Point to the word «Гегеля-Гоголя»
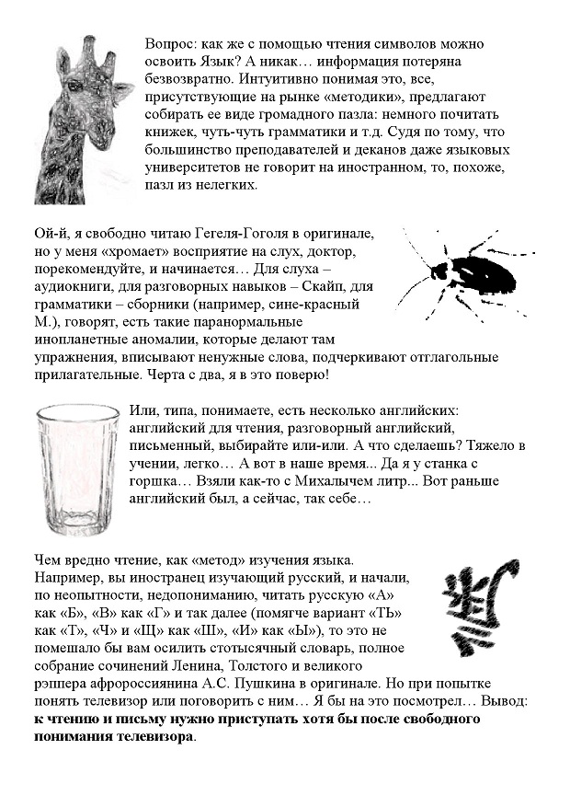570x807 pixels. click(212, 236)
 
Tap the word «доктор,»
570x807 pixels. click(336, 252)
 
